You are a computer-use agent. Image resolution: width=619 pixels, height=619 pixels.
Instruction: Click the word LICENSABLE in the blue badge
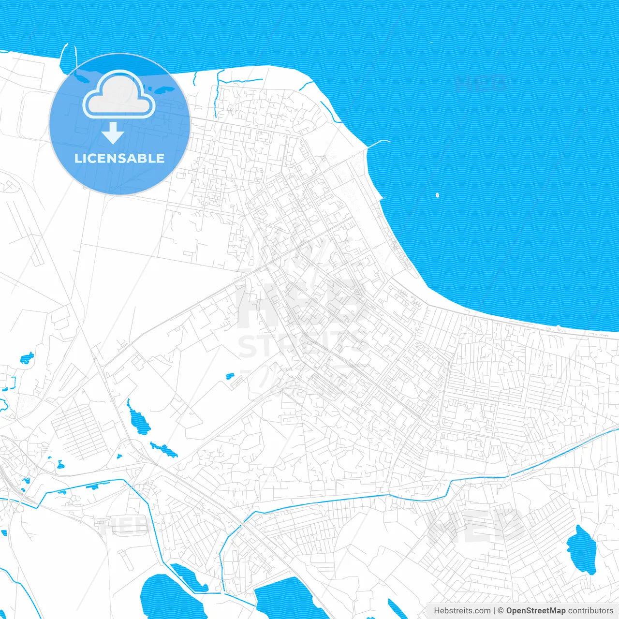click(x=119, y=158)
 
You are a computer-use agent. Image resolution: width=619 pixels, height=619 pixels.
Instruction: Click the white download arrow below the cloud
click(x=113, y=133)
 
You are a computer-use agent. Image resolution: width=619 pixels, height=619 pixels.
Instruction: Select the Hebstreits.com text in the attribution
click(x=462, y=611)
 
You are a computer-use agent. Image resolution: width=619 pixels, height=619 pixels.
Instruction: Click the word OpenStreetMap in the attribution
click(x=535, y=611)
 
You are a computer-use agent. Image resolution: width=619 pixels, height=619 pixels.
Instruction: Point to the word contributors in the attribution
click(x=590, y=611)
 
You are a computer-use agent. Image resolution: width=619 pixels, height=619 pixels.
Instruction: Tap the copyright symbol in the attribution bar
click(x=501, y=611)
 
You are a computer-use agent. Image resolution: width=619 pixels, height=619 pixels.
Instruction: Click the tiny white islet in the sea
click(x=437, y=195)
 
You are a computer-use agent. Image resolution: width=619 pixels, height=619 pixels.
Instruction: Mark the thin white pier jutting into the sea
click(x=379, y=143)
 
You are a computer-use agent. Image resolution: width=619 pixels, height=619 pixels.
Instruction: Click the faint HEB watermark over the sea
click(x=481, y=83)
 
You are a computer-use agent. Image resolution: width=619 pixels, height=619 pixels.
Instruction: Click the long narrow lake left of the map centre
click(x=138, y=419)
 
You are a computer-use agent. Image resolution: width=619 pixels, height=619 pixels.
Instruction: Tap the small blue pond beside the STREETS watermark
click(x=230, y=376)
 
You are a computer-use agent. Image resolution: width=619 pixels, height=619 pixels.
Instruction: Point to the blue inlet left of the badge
click(x=67, y=60)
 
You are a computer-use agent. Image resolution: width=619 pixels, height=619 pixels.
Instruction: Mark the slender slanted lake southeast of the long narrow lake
click(x=164, y=450)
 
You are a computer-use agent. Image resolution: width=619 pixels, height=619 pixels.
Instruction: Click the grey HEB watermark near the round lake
click(x=476, y=525)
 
